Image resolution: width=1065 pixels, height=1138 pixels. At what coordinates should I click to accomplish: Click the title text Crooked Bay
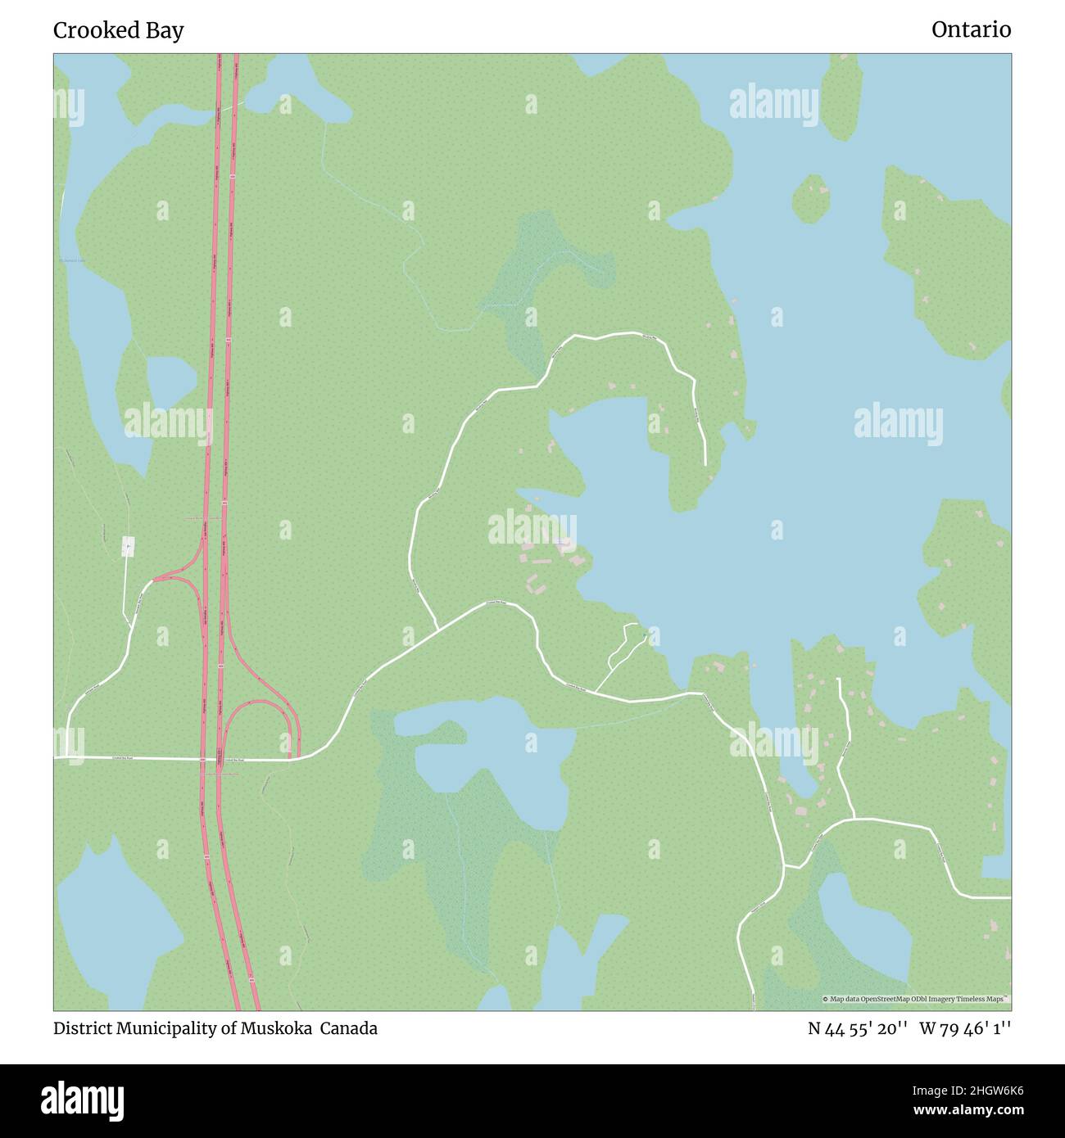[x=118, y=30]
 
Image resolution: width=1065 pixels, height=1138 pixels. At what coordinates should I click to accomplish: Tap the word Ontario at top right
[x=971, y=29]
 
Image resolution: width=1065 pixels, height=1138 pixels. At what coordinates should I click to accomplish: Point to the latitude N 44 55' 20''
[x=856, y=1028]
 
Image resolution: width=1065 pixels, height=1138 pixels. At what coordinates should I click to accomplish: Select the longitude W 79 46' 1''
[x=965, y=1028]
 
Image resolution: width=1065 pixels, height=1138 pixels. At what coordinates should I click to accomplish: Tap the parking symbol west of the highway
[x=128, y=547]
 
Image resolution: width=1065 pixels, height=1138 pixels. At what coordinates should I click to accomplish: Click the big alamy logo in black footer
[x=83, y=1099]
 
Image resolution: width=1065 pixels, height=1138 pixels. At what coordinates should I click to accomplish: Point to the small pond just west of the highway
[x=170, y=382]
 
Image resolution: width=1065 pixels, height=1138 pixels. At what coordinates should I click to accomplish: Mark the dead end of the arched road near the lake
[x=705, y=464]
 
